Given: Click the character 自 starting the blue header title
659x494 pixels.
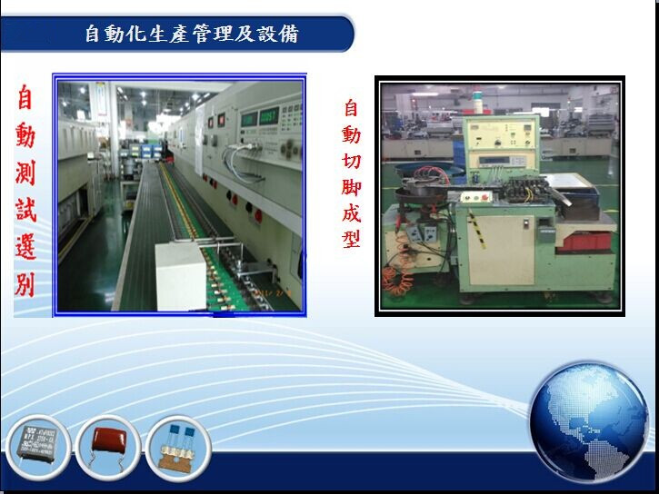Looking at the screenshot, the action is [x=94, y=34].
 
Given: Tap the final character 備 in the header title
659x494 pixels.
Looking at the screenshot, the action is [x=289, y=34].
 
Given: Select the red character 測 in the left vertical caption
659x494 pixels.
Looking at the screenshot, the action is [x=25, y=172].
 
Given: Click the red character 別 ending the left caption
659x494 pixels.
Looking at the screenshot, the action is [x=25, y=285].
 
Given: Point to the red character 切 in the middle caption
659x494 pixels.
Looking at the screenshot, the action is [x=352, y=161].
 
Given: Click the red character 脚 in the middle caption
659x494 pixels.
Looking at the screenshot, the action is [x=352, y=186].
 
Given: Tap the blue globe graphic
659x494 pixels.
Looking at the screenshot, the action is [x=589, y=421].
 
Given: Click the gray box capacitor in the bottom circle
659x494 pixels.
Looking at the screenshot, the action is [x=38, y=445].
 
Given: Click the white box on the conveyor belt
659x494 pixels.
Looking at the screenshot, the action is [x=181, y=276].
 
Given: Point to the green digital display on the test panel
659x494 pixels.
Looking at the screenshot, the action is [x=268, y=116].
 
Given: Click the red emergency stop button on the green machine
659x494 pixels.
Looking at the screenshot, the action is [x=486, y=196].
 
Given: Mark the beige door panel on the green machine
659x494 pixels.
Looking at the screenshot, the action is [x=501, y=251].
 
